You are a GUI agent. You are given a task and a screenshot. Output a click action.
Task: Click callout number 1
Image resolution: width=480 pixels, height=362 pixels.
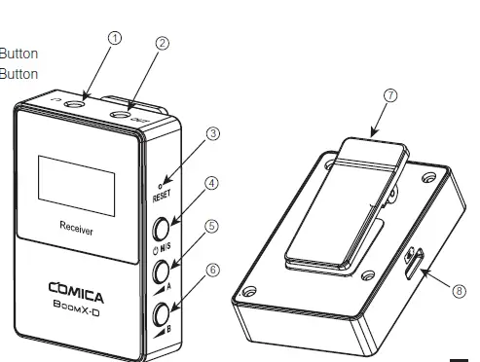tap(115, 38)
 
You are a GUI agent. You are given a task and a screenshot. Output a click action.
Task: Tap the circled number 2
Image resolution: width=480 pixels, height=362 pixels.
tap(163, 43)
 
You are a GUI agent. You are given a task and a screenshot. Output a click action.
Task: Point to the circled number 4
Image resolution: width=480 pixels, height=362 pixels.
tap(212, 182)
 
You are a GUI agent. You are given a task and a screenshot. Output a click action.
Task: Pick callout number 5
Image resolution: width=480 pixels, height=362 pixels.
tap(212, 226)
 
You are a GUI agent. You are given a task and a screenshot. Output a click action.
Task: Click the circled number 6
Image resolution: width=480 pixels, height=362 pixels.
tap(212, 271)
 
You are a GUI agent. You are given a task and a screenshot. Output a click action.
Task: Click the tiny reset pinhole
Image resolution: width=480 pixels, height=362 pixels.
tap(163, 182)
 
